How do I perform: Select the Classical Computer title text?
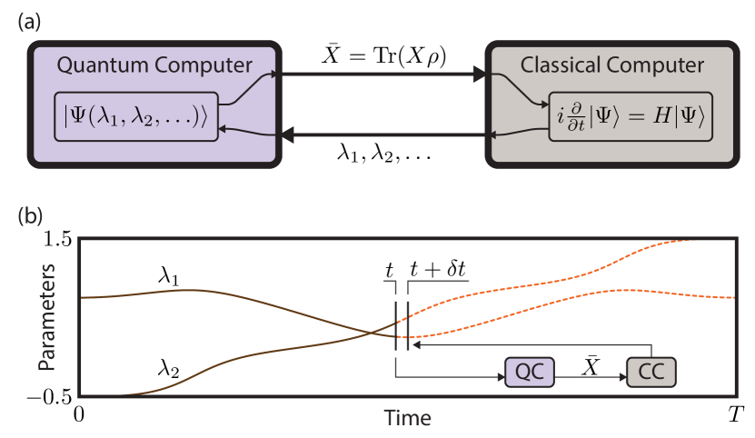611,65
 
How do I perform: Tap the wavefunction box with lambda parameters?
136,116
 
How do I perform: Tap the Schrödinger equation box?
631,116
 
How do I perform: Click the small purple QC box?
529,372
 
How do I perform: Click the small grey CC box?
651,372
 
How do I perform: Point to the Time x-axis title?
407,418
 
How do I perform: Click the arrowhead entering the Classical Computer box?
480,75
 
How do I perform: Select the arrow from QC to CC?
590,372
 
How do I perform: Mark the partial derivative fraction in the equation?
575,117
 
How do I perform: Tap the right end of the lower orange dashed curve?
732,297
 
